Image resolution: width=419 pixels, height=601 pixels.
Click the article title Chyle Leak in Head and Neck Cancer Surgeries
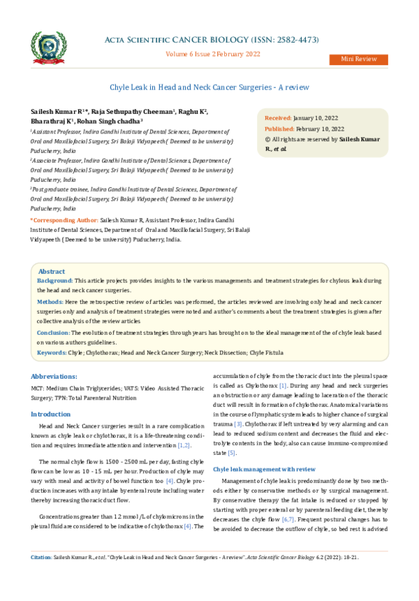(x=209, y=87)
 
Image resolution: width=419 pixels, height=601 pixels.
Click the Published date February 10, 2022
(x=318, y=129)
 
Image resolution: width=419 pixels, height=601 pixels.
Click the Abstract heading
(x=52, y=271)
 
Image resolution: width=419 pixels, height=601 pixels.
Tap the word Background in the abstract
(x=54, y=280)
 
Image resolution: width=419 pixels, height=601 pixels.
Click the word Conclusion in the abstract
(x=54, y=333)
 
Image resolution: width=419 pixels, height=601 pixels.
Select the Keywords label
(x=52, y=353)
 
